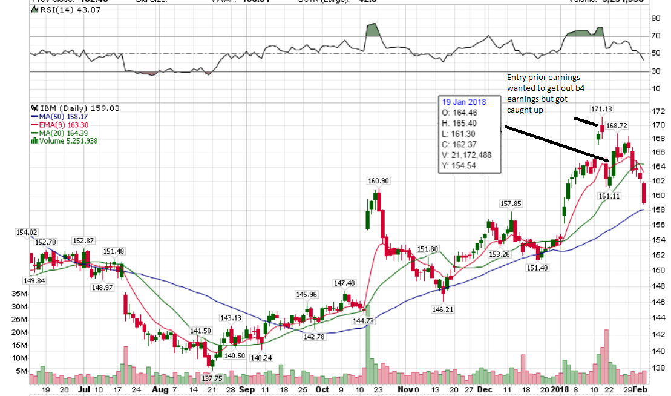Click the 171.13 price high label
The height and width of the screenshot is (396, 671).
point(603,109)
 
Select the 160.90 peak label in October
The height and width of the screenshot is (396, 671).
point(378,181)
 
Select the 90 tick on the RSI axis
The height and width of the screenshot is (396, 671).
point(655,18)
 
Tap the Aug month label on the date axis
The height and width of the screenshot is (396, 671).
point(158,390)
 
